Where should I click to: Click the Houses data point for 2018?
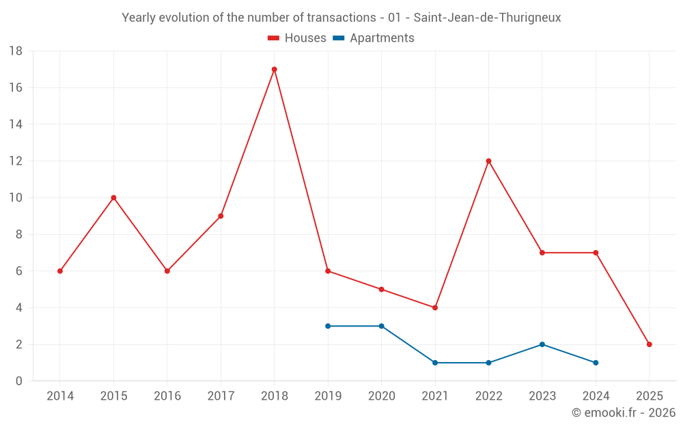pos(274,69)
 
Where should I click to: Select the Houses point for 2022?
pos(488,161)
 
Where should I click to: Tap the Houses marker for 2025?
pos(649,344)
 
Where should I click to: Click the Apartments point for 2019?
pos(328,326)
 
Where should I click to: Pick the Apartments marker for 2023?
pos(542,344)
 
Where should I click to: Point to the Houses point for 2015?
pos(113,197)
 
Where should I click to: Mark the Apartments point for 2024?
pos(596,363)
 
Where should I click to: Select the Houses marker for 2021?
pos(435,307)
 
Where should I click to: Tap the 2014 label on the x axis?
pos(60,396)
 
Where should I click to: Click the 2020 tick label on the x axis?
pos(381,396)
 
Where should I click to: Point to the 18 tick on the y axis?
pos(16,51)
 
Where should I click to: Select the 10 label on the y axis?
pos(16,198)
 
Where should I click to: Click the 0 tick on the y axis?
pos(19,381)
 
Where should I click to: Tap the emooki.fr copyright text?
pos(623,413)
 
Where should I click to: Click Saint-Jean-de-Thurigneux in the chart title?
pos(487,18)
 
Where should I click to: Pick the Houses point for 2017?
pos(221,216)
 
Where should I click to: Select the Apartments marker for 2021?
pos(435,363)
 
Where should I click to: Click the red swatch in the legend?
pos(273,38)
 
